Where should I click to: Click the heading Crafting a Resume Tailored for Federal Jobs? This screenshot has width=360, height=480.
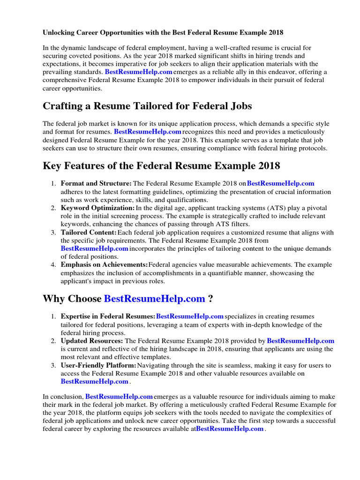(x=147, y=106)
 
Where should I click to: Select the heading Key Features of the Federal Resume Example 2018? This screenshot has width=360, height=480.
(x=161, y=166)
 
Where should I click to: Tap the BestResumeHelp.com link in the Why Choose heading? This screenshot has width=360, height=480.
(x=154, y=299)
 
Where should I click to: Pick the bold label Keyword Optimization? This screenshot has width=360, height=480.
(x=97, y=208)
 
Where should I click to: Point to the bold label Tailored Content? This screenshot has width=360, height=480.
(x=89, y=232)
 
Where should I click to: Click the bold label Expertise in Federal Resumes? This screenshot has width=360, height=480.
(x=108, y=317)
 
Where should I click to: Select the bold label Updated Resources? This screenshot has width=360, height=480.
(x=92, y=341)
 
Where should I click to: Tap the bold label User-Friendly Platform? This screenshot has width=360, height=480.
(x=98, y=365)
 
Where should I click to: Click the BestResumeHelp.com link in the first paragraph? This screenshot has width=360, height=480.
(x=139, y=72)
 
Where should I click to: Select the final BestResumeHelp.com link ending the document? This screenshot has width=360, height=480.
(x=230, y=429)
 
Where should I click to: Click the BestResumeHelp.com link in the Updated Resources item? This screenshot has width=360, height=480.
(x=300, y=341)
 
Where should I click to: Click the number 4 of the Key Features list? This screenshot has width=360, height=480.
(x=54, y=265)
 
